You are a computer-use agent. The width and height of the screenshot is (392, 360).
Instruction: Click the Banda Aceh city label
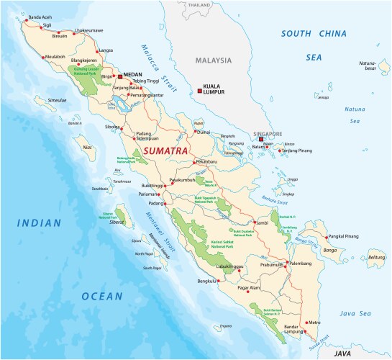click(40, 17)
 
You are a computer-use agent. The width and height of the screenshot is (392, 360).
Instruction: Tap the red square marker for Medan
click(119, 74)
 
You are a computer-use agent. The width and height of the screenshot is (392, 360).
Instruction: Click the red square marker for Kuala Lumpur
click(199, 91)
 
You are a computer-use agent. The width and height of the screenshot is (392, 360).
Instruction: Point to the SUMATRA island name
click(166, 151)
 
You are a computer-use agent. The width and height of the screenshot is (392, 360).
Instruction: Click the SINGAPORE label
click(267, 134)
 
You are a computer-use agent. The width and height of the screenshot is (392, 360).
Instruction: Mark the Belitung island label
click(376, 257)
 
